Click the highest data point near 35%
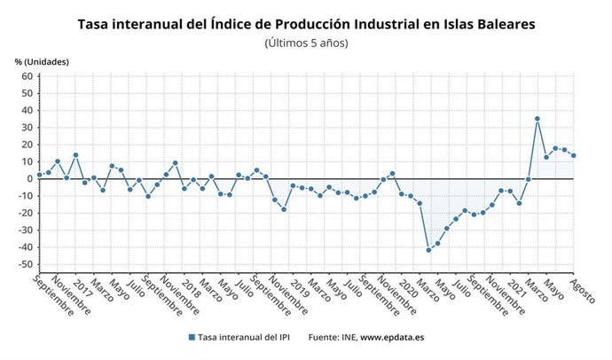537,119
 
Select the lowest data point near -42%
428,250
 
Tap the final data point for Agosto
574,156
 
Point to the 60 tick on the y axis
27,76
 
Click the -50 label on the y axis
25,264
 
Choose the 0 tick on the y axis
29,178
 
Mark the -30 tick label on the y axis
25,231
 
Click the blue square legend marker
192,338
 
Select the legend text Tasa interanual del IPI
245,338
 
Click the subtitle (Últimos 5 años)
306,43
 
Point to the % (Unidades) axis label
42,60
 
